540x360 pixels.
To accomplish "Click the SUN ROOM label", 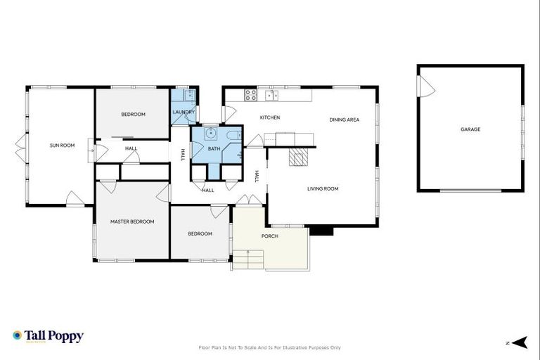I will click(62, 146).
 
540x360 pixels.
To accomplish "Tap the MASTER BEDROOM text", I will click(132, 221).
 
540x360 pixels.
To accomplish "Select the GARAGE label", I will click(470, 129).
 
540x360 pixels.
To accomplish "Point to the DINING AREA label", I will click(344, 120).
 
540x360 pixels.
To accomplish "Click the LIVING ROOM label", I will click(323, 188).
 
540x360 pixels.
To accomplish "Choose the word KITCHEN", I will click(270, 117).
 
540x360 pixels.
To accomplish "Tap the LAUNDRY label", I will click(184, 112).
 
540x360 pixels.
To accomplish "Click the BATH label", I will click(214, 148).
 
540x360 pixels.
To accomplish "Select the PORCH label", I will click(269, 236).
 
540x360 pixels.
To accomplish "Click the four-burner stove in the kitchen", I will click(250, 94).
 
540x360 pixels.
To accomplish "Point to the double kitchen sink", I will click(271, 94).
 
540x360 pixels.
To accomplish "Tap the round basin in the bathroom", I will click(211, 134).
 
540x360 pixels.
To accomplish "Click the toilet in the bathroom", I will click(233, 135).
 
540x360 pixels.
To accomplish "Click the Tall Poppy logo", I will click(48, 336).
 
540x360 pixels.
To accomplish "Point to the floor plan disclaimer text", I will click(270, 347).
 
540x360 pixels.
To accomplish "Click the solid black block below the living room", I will click(321, 230).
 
